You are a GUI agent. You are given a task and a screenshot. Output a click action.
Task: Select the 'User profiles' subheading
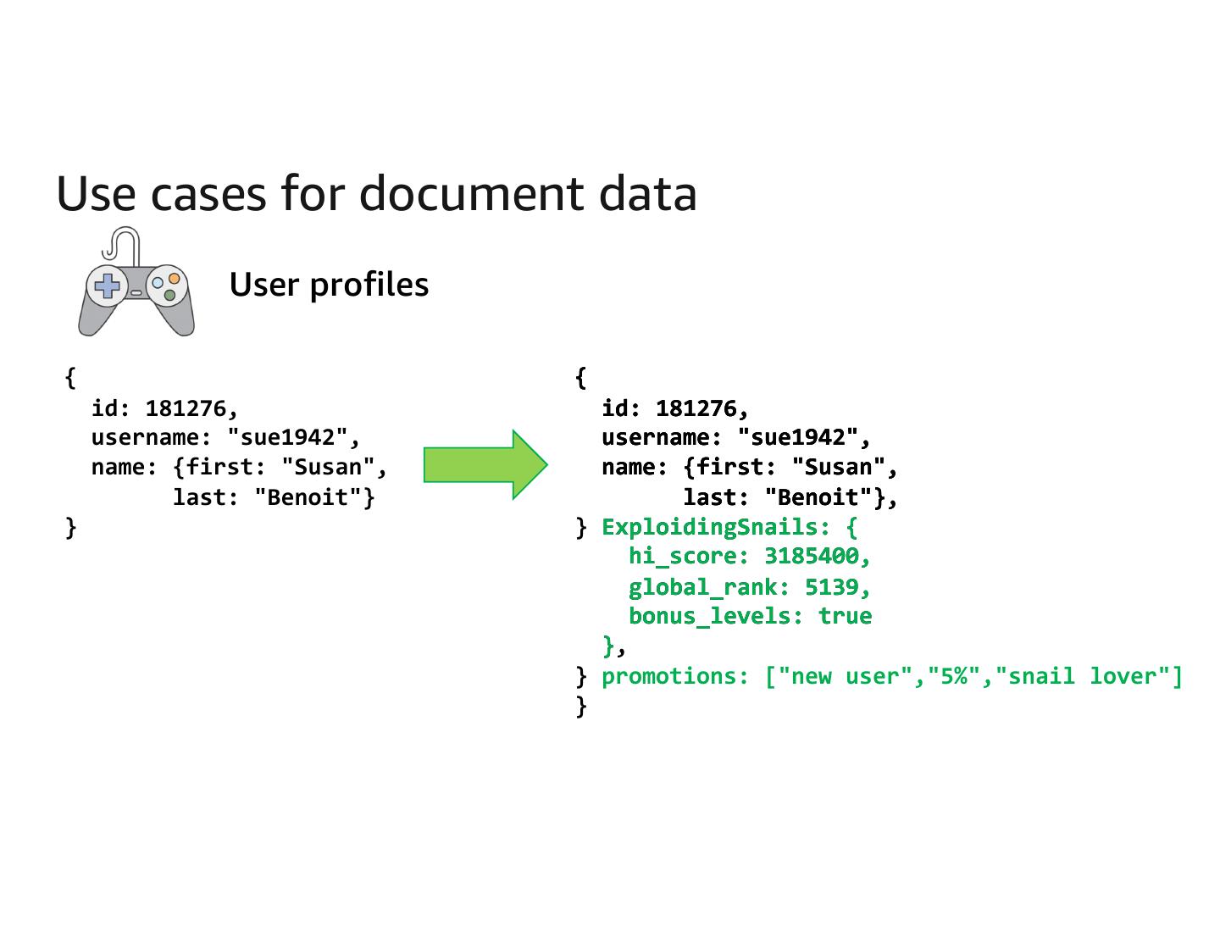pyautogui.click(x=329, y=285)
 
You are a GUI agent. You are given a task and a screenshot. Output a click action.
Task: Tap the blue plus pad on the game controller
pyautogui.click(x=108, y=285)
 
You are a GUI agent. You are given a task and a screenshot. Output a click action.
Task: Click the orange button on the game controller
pyautogui.click(x=174, y=278)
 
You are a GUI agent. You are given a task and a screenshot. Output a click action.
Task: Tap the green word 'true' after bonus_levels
pyautogui.click(x=845, y=616)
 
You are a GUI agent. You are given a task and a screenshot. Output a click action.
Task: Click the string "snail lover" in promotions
pyautogui.click(x=1083, y=676)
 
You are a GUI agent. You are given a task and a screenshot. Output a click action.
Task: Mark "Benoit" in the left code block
pyautogui.click(x=308, y=497)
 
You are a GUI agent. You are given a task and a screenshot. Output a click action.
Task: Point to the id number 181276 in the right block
pyautogui.click(x=696, y=408)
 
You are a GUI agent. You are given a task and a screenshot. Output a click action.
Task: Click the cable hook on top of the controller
pyautogui.click(x=120, y=244)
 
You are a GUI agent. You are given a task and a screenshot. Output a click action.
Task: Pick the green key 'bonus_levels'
pyautogui.click(x=710, y=616)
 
